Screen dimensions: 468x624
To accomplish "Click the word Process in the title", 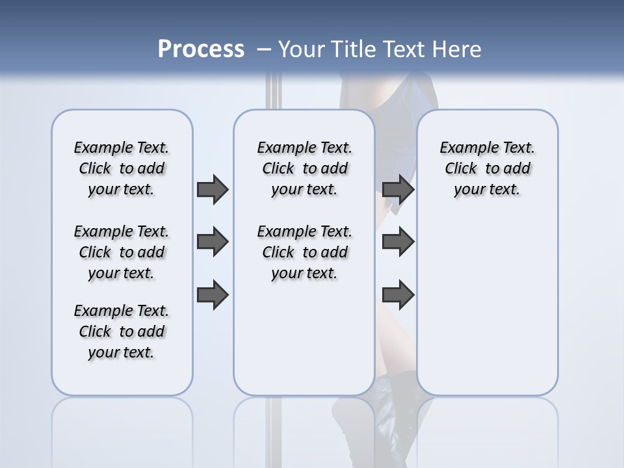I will pos(201,49).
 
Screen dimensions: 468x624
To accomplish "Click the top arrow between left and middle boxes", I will pos(213,189).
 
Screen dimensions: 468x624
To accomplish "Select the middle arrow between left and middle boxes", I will pos(213,242).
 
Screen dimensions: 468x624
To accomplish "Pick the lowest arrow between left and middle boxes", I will pos(213,295).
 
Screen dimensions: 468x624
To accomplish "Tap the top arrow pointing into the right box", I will pos(398,189).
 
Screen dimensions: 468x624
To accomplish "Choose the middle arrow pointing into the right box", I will pos(398,242).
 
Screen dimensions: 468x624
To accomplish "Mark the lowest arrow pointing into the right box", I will pos(398,295).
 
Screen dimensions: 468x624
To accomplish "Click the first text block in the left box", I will pos(122,168).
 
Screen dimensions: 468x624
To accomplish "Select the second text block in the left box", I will pos(122,252).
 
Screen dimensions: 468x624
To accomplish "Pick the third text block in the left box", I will pos(122,331).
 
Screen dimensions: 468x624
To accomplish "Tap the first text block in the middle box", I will pos(304,168).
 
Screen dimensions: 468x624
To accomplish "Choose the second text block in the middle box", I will pos(304,252).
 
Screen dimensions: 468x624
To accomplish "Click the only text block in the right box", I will pos(487,168).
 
